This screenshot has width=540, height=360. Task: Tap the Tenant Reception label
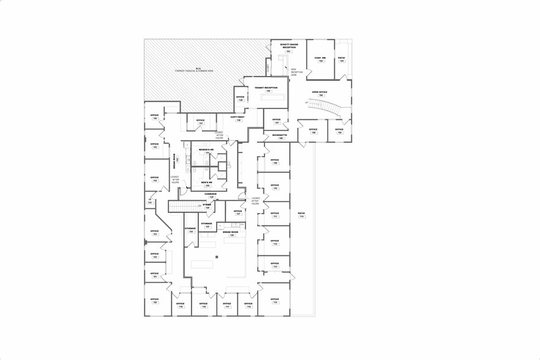(x=266, y=89)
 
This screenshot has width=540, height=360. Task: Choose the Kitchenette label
(x=280, y=136)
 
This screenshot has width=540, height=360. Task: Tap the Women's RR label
(x=206, y=151)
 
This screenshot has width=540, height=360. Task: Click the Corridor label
(x=211, y=195)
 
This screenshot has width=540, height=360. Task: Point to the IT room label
(x=149, y=200)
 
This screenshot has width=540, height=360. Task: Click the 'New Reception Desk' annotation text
(x=297, y=72)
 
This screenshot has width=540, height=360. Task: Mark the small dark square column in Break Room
(x=217, y=257)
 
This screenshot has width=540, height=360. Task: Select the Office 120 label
(x=155, y=301)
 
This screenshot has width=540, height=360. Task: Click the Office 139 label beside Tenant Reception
(x=240, y=98)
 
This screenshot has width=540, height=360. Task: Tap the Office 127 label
(x=238, y=212)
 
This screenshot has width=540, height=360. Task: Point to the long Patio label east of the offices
(x=301, y=215)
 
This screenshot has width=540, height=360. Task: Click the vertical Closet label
(x=268, y=66)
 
